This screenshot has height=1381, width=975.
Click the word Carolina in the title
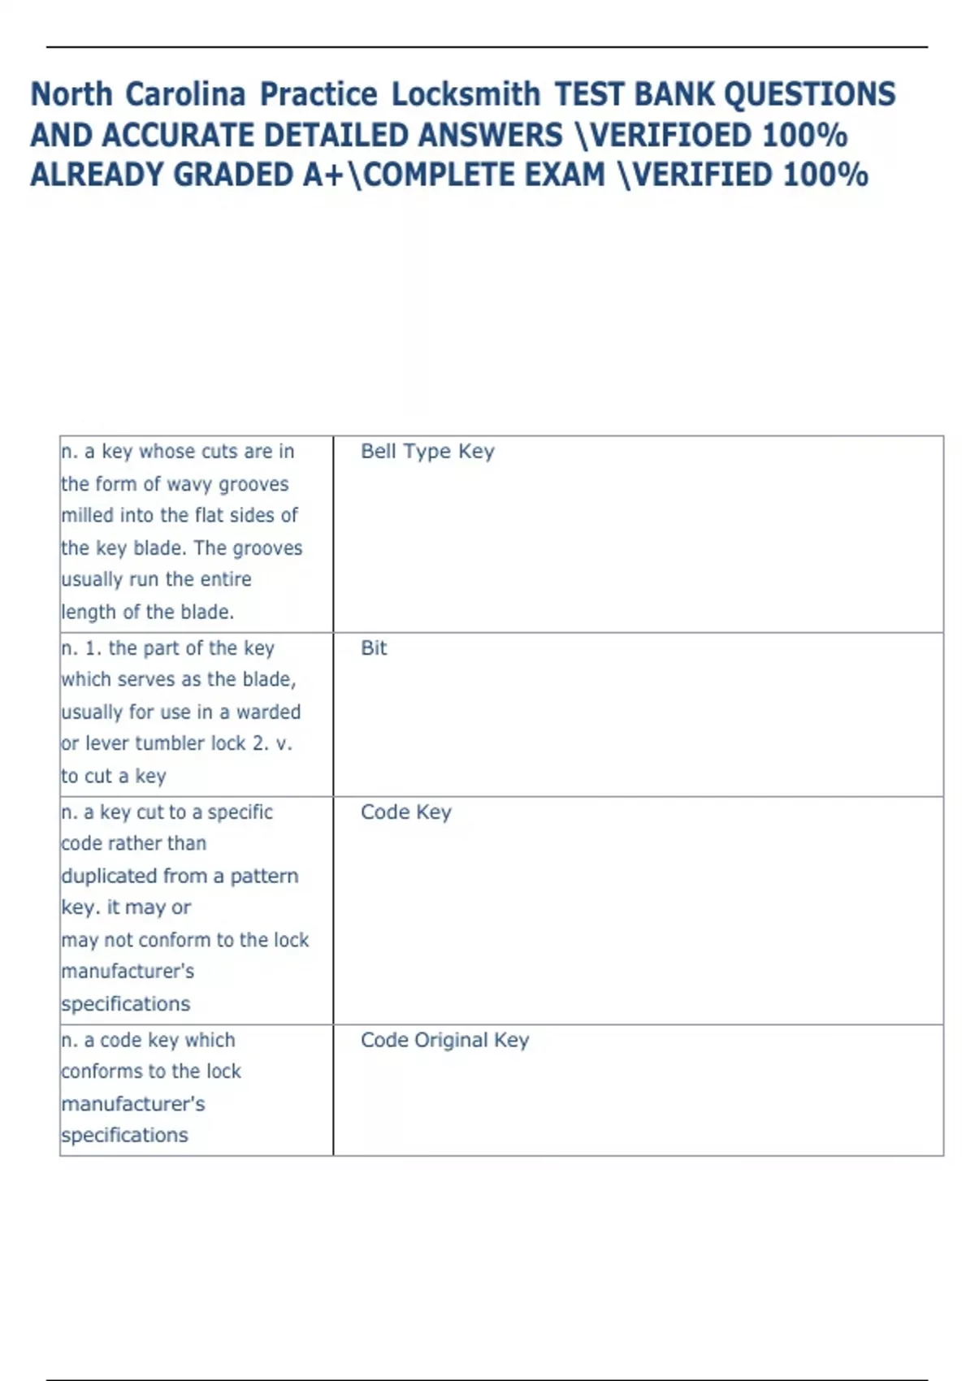pyautogui.click(x=185, y=94)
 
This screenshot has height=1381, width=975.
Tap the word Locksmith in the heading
pyautogui.click(x=466, y=94)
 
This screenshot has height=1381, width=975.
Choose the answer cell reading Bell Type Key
pyautogui.click(x=427, y=452)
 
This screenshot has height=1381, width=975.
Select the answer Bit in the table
pyautogui.click(x=374, y=648)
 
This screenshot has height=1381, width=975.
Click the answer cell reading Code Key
pyautogui.click(x=405, y=812)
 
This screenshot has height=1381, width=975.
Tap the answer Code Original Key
pyautogui.click(x=444, y=1041)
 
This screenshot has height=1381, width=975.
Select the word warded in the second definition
pyautogui.click(x=268, y=712)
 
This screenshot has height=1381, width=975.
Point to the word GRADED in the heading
pyautogui.click(x=231, y=175)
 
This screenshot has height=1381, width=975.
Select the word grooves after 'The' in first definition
pyautogui.click(x=267, y=548)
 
